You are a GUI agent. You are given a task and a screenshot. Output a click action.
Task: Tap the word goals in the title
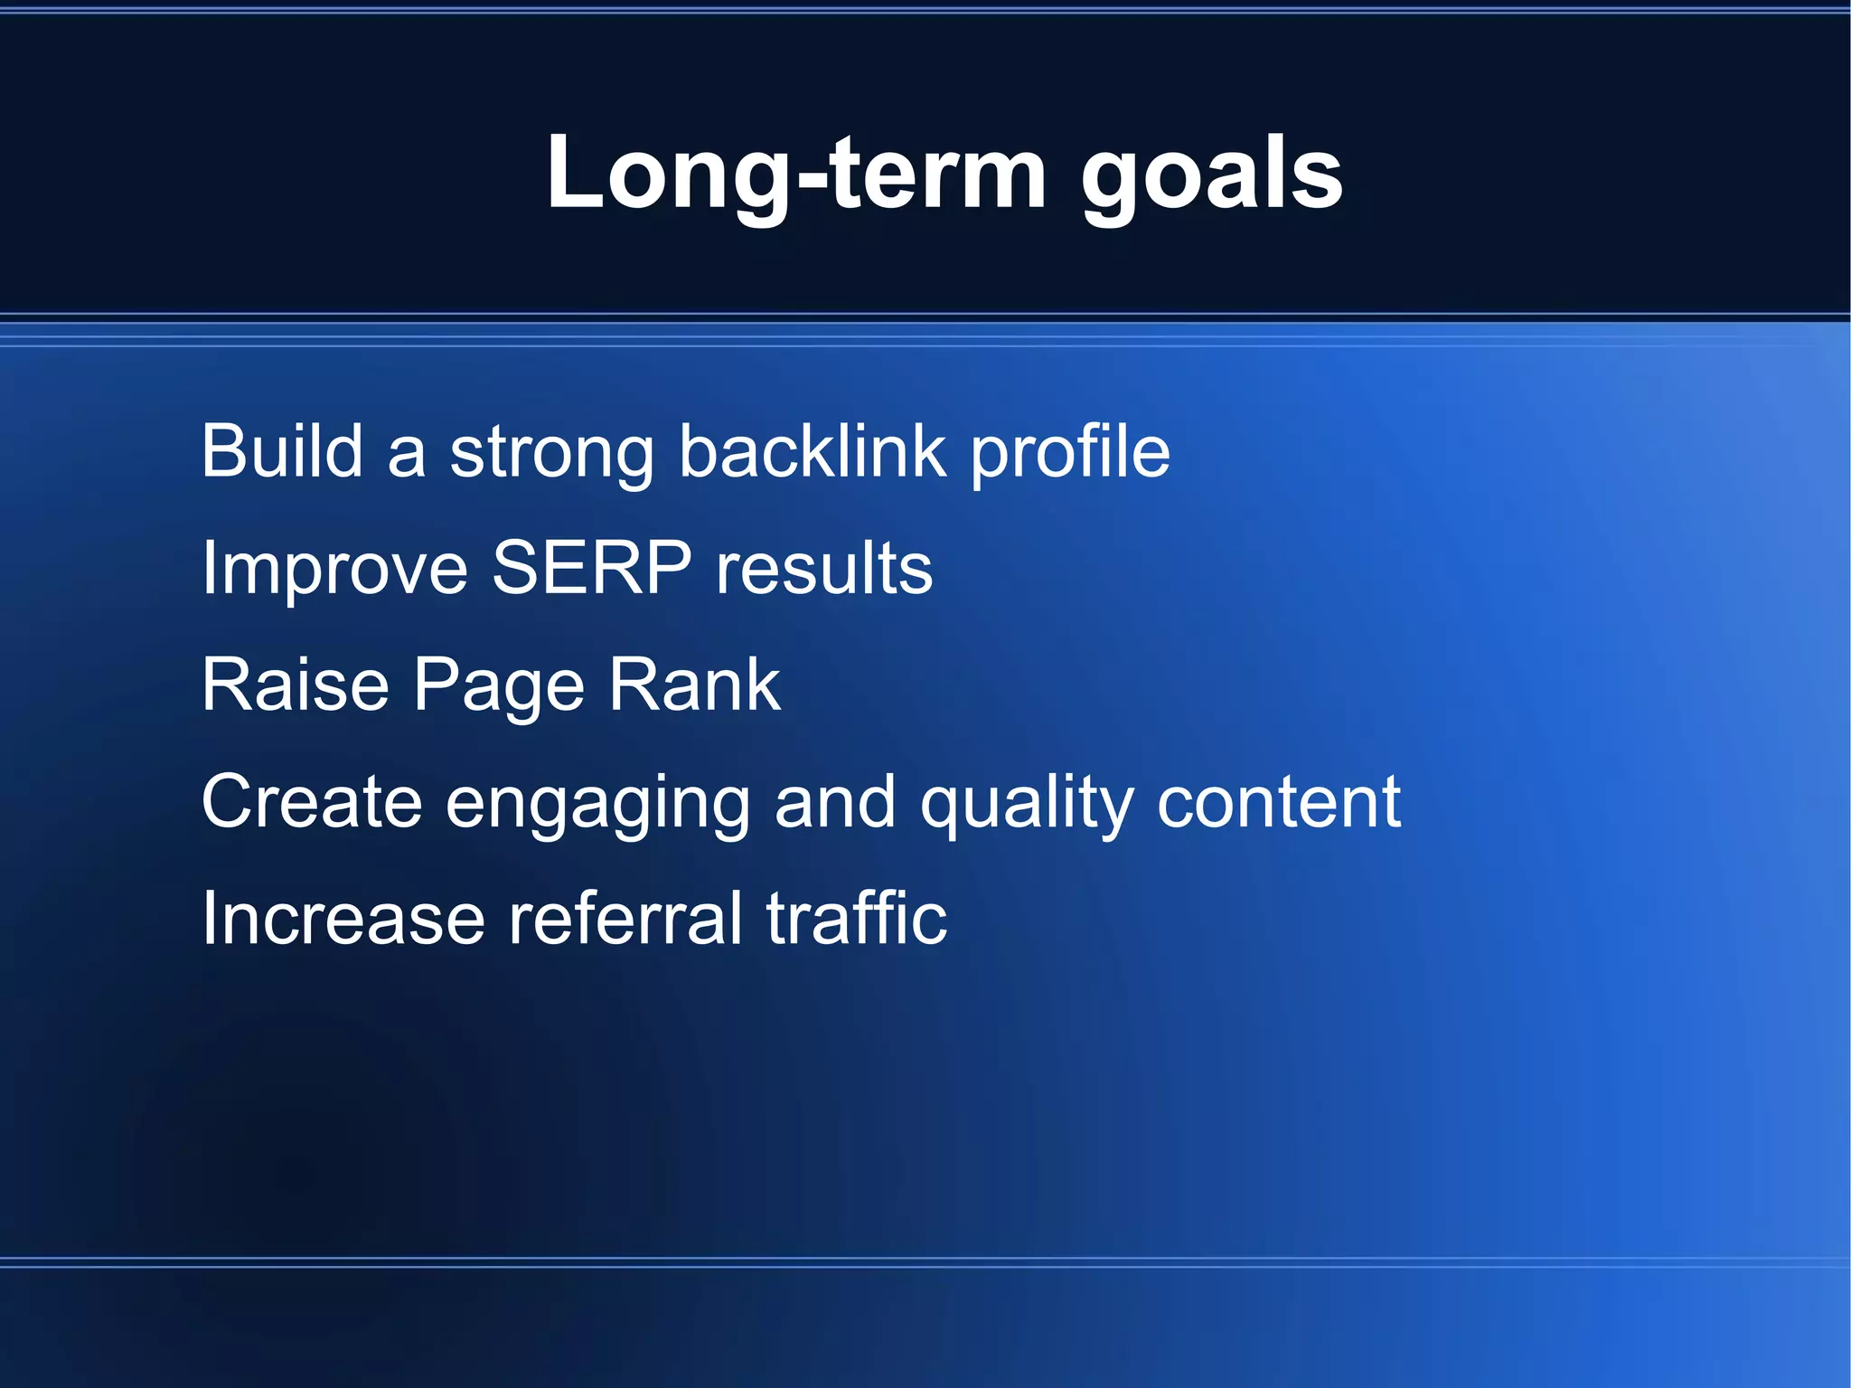click(x=1211, y=176)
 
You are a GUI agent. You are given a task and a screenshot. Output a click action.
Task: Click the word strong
click(x=551, y=455)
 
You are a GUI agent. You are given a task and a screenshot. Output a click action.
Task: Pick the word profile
click(x=1070, y=455)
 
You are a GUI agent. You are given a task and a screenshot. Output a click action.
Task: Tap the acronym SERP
click(x=591, y=567)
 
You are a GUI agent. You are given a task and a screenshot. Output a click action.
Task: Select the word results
click(x=823, y=570)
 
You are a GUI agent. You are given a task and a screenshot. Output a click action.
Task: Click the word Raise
click(x=295, y=685)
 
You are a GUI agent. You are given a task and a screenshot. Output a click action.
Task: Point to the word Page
click(x=499, y=687)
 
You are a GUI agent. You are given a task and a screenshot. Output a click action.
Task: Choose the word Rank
click(x=693, y=685)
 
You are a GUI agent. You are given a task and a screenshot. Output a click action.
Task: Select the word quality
click(x=1026, y=805)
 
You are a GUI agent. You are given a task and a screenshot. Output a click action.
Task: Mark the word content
click(x=1278, y=802)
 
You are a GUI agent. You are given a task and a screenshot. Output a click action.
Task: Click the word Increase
click(x=343, y=919)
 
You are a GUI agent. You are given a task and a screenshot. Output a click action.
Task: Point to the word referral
click(x=625, y=918)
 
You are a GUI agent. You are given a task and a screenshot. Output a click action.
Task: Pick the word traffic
click(x=856, y=918)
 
